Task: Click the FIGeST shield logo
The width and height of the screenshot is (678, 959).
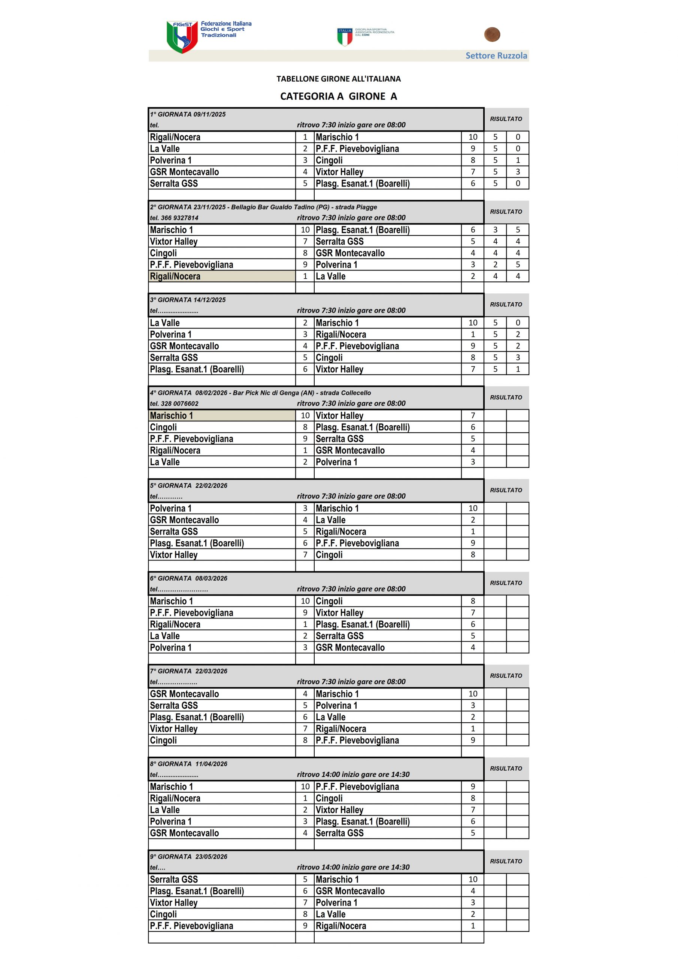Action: click(x=182, y=37)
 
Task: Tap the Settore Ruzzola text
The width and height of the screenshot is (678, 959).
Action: click(x=496, y=55)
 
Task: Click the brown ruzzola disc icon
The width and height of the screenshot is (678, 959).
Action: click(x=492, y=34)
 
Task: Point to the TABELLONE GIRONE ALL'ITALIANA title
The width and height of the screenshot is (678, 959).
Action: click(x=338, y=79)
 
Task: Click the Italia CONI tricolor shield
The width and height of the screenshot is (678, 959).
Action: click(x=345, y=37)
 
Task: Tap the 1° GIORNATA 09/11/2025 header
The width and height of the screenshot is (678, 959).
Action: click(x=188, y=114)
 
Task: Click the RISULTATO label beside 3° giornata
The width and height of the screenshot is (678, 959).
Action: click(x=506, y=305)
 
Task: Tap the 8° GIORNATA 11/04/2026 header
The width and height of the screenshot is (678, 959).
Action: click(x=189, y=764)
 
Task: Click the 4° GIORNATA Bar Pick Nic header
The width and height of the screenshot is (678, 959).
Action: click(x=260, y=393)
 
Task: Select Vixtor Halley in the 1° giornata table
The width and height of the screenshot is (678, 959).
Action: click(x=339, y=172)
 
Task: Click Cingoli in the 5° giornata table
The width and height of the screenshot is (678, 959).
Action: click(x=329, y=555)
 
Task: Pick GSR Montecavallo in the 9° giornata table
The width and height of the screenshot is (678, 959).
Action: click(x=350, y=891)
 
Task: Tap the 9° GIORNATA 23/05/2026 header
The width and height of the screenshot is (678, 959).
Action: click(x=189, y=857)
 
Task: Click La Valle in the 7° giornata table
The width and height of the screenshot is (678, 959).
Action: click(x=330, y=717)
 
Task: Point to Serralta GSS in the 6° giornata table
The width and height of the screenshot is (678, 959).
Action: click(x=339, y=636)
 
